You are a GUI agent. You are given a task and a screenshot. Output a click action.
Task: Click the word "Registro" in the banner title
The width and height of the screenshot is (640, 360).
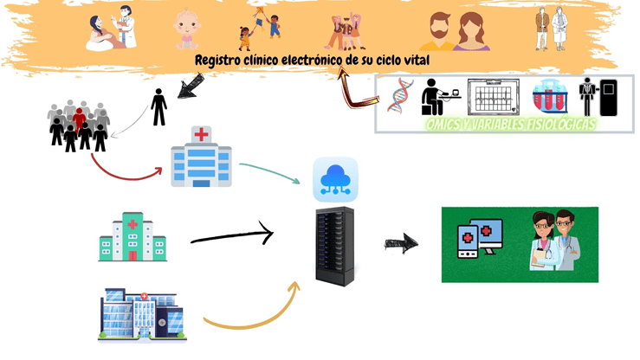220,62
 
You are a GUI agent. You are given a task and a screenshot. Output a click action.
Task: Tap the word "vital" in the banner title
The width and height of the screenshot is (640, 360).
413,62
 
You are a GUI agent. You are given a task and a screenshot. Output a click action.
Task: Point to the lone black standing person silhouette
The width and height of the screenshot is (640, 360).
158,106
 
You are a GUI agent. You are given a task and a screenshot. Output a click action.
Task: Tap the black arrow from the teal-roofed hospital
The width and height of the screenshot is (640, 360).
231,235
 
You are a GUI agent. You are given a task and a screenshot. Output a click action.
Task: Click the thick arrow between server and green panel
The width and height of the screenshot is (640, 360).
401,243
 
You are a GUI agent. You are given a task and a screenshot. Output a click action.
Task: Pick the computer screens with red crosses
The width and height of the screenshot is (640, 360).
479,241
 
